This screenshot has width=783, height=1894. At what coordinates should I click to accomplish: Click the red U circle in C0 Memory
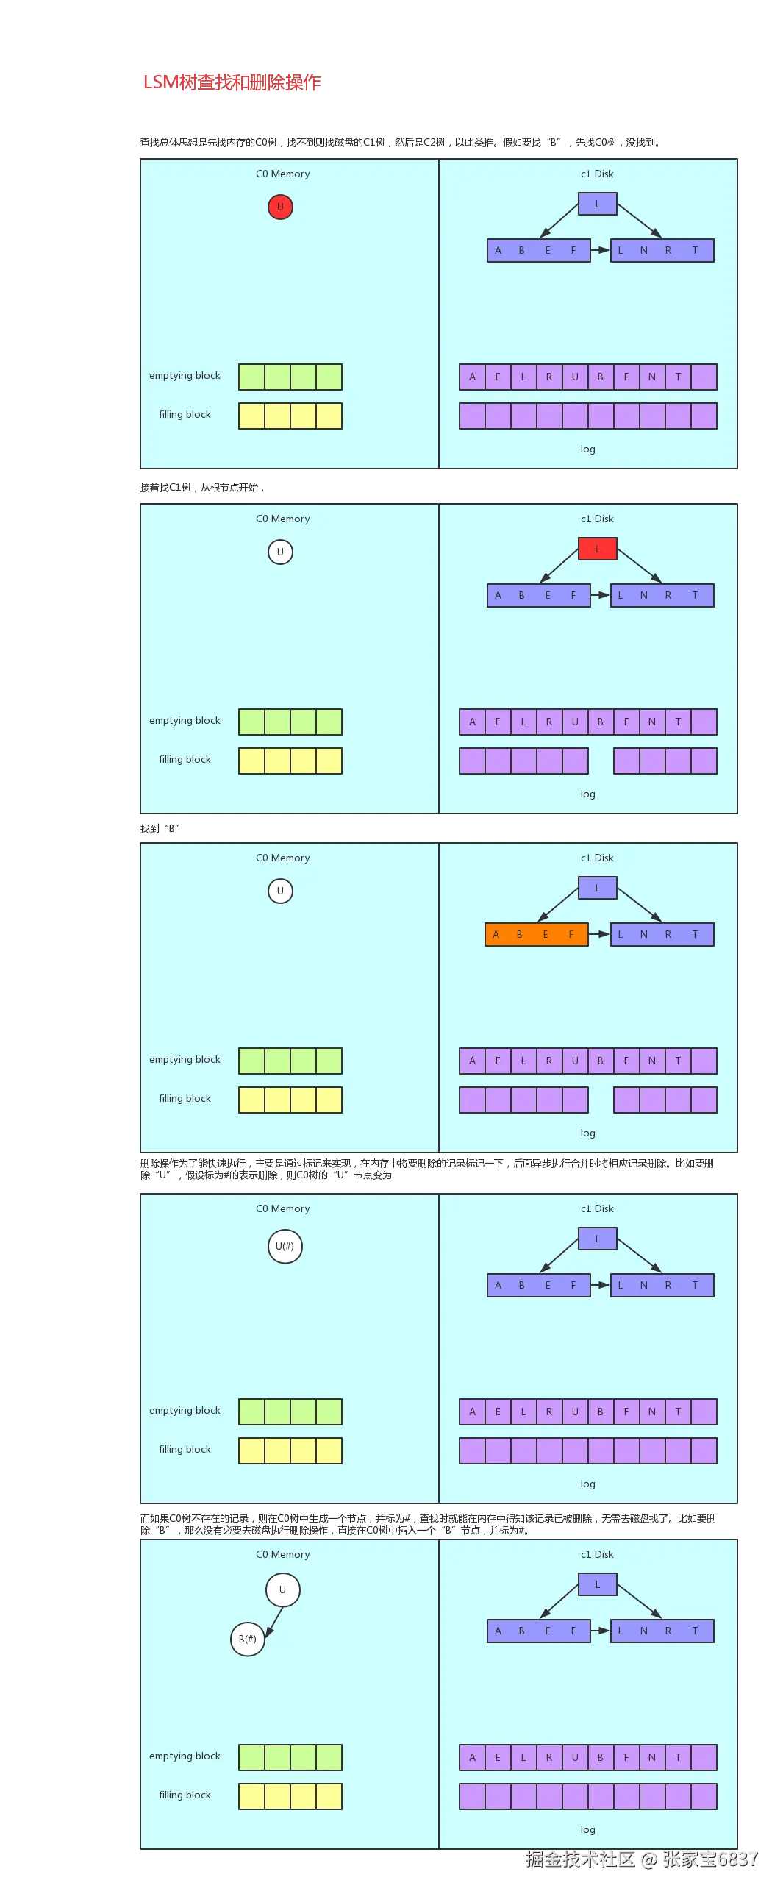pyautogui.click(x=280, y=207)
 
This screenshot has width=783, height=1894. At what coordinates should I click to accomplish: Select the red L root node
pyautogui.click(x=597, y=549)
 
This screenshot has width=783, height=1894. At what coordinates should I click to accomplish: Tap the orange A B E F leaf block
pyautogui.click(x=537, y=934)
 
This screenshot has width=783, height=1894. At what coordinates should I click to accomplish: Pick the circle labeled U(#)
pyautogui.click(x=285, y=1246)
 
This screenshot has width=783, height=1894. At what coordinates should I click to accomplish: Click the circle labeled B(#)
pyautogui.click(x=248, y=1639)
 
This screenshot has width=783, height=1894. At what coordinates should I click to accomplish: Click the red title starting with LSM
pyautogui.click(x=232, y=82)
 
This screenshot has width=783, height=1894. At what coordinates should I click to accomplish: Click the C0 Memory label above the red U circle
pyautogui.click(x=282, y=174)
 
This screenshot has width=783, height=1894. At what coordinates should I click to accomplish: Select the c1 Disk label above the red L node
pyautogui.click(x=597, y=519)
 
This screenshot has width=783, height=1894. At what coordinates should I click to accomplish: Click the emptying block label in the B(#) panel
pyautogui.click(x=185, y=1756)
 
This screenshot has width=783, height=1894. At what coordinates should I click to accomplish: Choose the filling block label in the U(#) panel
pyautogui.click(x=185, y=1449)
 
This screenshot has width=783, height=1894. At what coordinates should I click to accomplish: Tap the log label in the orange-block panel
pyautogui.click(x=587, y=1133)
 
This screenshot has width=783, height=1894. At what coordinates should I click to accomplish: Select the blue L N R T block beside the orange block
pyautogui.click(x=662, y=934)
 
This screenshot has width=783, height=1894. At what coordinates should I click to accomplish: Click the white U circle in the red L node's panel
pyautogui.click(x=280, y=552)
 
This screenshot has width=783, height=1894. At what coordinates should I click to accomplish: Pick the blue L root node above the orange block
pyautogui.click(x=597, y=888)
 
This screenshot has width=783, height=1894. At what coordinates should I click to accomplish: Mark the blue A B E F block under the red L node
pyautogui.click(x=538, y=595)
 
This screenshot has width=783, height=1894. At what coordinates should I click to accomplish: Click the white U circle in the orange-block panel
pyautogui.click(x=280, y=891)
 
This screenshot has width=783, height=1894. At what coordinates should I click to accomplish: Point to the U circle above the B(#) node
pyautogui.click(x=282, y=1589)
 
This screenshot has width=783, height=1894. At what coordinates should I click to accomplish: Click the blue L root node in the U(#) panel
pyautogui.click(x=597, y=1239)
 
